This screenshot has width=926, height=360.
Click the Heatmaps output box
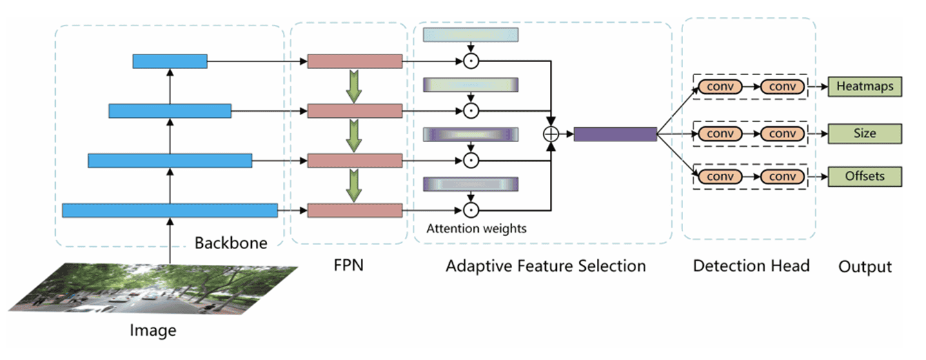[865, 87]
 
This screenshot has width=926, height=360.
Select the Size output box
[865, 133]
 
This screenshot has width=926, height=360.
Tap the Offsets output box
[865, 177]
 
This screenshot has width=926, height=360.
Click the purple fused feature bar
[615, 134]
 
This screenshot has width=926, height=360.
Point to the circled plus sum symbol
[551, 134]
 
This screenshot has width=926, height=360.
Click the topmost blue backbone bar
[170, 61]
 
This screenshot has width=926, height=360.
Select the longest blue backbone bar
[170, 210]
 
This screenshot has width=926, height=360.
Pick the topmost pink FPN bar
[355, 61]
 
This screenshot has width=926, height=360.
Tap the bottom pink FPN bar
[355, 210]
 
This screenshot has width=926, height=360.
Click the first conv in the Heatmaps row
[720, 87]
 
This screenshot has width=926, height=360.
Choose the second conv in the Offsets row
[782, 177]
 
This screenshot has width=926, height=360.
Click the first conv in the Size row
[720, 133]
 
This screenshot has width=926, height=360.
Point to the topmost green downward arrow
[355, 88]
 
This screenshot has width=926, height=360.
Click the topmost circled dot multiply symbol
[471, 61]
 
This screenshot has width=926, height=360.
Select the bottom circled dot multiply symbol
[471, 210]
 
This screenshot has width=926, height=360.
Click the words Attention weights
[476, 228]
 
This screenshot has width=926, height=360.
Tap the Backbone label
[230, 243]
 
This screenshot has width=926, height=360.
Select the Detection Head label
[751, 266]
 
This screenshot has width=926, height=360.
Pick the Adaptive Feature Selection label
[545, 266]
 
